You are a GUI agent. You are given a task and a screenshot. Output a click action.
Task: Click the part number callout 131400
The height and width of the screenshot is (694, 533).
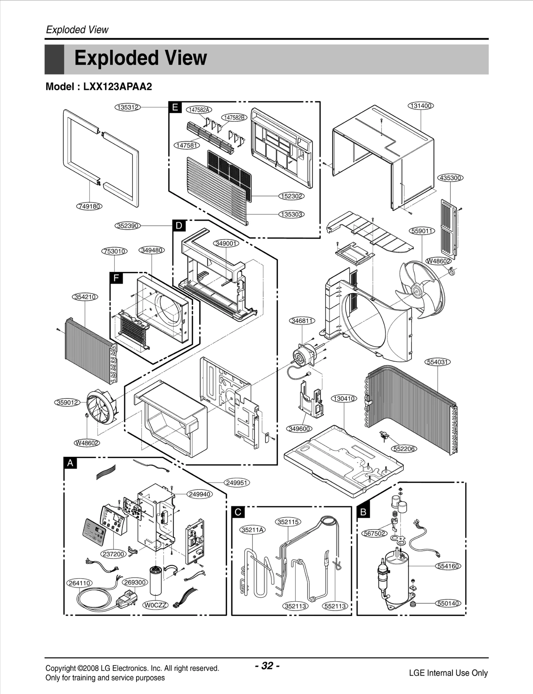(x=421, y=106)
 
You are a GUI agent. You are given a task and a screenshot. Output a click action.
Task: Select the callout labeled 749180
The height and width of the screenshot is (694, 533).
(x=89, y=206)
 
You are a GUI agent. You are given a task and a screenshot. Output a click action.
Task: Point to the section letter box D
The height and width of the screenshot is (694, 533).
(x=179, y=226)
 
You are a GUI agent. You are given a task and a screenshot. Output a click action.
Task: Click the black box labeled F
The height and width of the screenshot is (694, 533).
(x=116, y=278)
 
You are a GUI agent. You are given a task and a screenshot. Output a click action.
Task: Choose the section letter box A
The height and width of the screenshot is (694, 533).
(x=70, y=463)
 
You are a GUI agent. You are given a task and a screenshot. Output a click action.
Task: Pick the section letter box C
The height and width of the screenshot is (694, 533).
(x=238, y=512)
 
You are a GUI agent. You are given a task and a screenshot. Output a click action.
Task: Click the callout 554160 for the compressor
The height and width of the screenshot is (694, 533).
(x=448, y=566)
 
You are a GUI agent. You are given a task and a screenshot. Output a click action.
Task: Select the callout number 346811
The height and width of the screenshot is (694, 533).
(x=301, y=321)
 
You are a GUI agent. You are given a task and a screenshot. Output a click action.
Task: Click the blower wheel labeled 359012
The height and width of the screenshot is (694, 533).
(x=102, y=407)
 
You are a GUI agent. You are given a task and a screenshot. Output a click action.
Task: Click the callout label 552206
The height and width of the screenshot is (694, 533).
(x=404, y=449)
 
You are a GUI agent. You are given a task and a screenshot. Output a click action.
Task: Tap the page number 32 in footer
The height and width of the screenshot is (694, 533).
(x=267, y=666)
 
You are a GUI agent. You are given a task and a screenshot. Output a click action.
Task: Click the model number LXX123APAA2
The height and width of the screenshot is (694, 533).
(x=117, y=87)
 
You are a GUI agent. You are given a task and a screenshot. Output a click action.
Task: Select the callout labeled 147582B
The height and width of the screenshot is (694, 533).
(x=234, y=118)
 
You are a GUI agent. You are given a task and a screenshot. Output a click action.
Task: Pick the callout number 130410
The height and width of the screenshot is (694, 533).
(x=344, y=398)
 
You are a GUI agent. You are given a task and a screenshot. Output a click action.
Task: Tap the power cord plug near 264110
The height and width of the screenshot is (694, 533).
(x=127, y=600)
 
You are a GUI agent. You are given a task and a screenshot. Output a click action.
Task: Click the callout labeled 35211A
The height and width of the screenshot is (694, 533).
(x=253, y=530)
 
